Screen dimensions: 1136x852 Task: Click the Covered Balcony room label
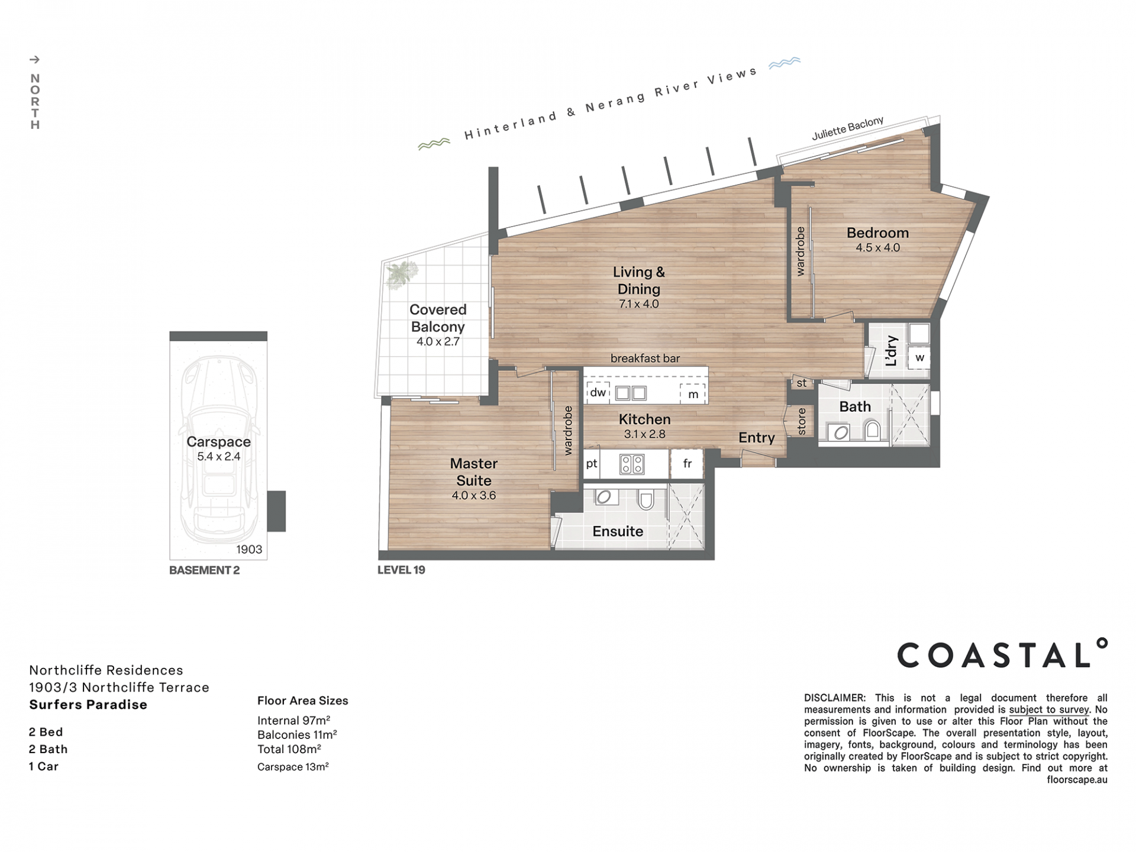coord(438,318)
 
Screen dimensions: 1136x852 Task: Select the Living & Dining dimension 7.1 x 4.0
coord(638,304)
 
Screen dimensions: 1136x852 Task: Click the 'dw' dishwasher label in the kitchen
coord(598,392)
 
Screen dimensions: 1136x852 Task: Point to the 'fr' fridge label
coord(687,464)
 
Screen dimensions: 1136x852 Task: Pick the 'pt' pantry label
coord(592,464)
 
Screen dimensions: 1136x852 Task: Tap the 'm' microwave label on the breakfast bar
coord(693,394)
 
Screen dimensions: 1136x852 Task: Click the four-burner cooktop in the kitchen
coord(632,464)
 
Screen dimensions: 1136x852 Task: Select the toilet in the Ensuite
coord(646,500)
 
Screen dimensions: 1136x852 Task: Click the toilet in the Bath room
coord(872,429)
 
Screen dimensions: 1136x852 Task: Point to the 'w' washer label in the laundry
coord(919,358)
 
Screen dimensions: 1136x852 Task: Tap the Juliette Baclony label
coord(848,128)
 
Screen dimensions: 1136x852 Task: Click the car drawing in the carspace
coord(219,450)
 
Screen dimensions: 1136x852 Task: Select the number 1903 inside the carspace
coord(249,550)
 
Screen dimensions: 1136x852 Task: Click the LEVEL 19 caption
coord(401,570)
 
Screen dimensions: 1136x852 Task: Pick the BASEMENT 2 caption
coord(204,570)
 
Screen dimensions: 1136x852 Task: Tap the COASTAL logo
coord(1002,653)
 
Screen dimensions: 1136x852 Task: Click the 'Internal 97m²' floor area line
coord(293,721)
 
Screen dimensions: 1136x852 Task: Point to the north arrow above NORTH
coord(35,59)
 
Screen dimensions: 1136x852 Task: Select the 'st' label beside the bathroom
coord(802,383)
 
